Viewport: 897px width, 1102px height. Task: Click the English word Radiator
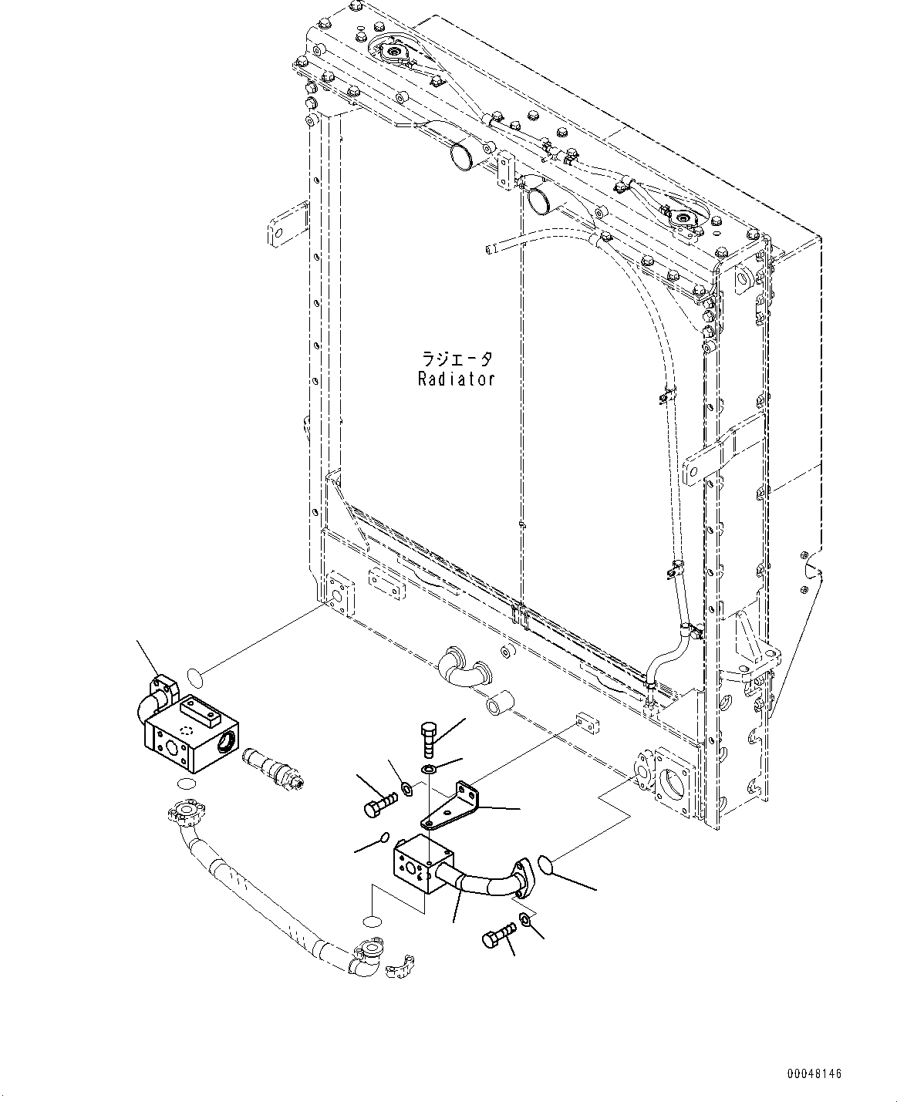pyautogui.click(x=457, y=379)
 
